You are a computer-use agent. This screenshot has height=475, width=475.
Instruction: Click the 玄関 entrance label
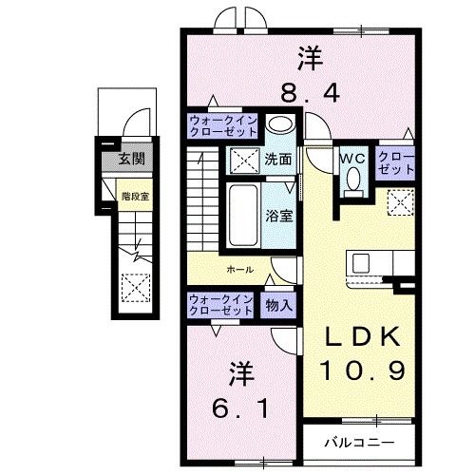[x=132, y=159]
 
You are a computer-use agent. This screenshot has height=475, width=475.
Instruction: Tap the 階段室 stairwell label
[x=135, y=197]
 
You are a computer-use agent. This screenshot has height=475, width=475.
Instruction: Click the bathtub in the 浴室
[x=243, y=216]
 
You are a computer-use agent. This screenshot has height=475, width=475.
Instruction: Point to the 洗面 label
[x=278, y=160]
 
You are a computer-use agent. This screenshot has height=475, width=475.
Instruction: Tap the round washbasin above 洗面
[x=279, y=123]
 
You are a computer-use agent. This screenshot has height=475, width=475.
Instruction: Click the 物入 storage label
[x=278, y=306]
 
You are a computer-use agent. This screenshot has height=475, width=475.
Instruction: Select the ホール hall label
[x=240, y=270]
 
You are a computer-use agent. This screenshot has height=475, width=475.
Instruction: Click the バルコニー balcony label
[x=359, y=443]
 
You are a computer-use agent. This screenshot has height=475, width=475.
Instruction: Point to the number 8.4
[x=311, y=92]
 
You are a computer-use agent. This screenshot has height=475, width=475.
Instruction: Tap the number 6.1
[x=240, y=408]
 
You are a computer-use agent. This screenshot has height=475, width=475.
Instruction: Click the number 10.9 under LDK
[x=363, y=370]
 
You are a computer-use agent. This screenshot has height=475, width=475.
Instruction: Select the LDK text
[x=363, y=336]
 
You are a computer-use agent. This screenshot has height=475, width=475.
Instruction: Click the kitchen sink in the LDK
[x=361, y=263]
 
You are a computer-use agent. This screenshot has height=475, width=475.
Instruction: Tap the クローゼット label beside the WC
[x=396, y=163]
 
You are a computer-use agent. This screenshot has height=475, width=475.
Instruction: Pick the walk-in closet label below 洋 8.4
[x=222, y=126]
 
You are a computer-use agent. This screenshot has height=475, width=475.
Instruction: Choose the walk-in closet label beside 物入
[x=220, y=305]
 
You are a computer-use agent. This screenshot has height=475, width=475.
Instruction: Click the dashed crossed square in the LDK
[x=401, y=202]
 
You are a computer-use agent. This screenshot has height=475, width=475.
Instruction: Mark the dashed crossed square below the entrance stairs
[x=136, y=288]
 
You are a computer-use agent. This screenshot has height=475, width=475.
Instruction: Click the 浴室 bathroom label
[x=278, y=216]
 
